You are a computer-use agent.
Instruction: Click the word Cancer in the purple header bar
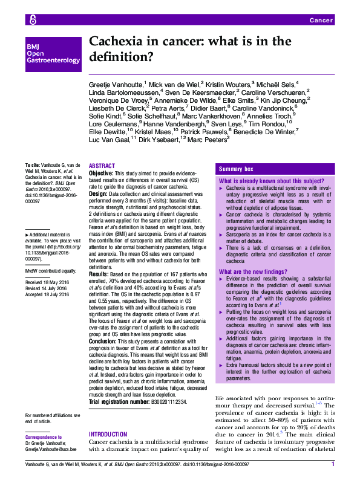[321, 21]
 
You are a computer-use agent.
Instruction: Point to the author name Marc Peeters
[209, 138]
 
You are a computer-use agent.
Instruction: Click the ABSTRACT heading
[102, 166]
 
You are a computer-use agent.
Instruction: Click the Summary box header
[237, 169]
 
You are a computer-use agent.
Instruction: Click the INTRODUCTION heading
[110, 435]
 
